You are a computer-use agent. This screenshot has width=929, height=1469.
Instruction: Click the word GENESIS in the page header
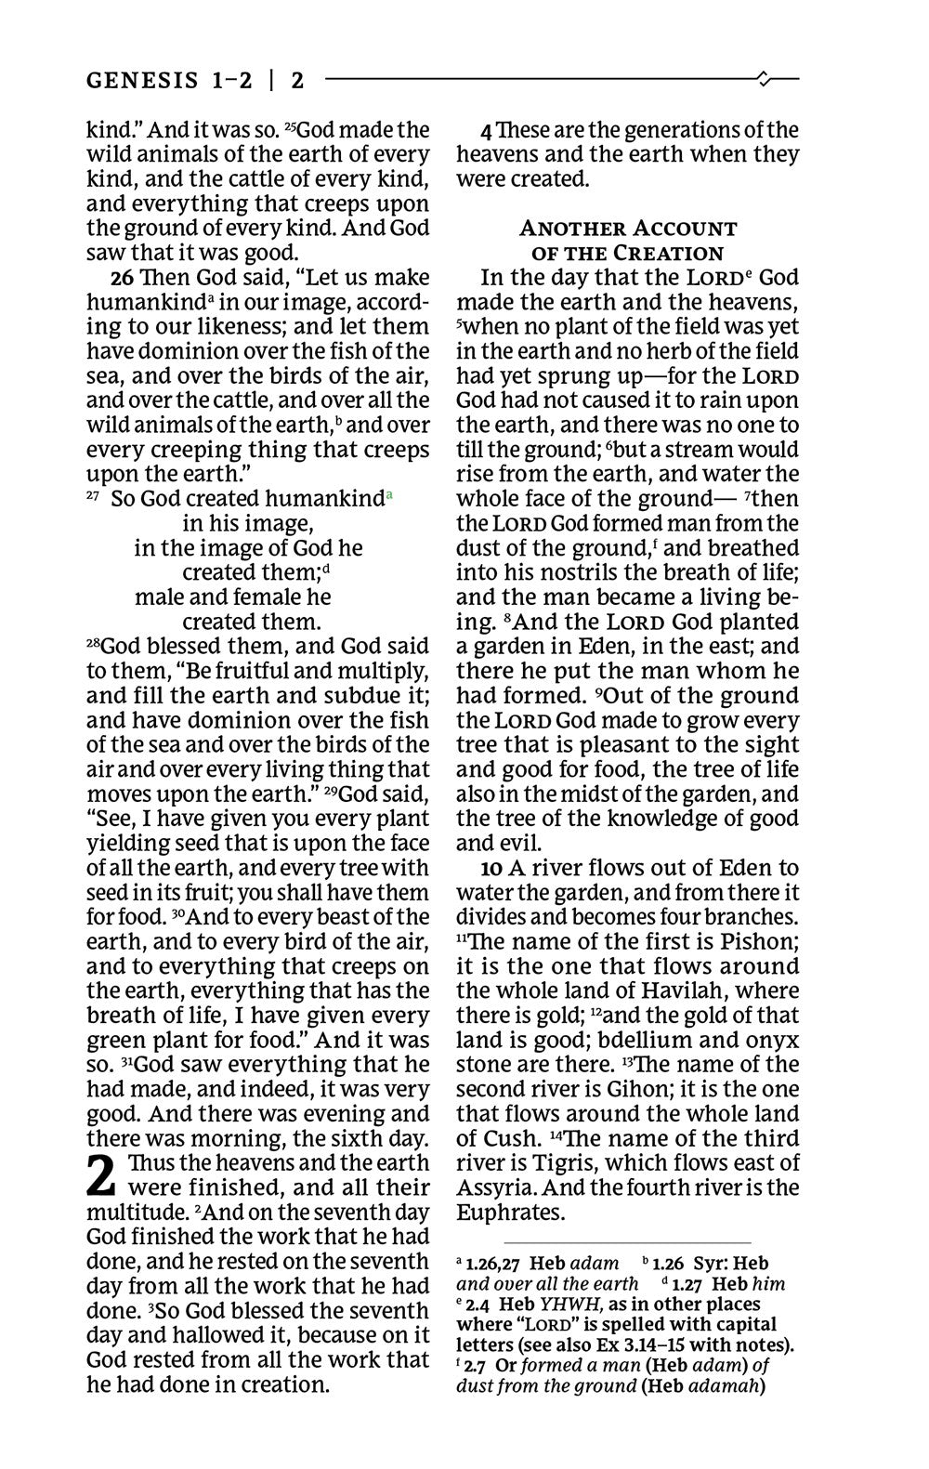[x=140, y=80]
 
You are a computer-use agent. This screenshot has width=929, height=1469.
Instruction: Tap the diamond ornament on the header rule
[x=764, y=79]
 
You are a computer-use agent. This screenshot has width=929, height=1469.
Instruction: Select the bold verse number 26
[x=122, y=277]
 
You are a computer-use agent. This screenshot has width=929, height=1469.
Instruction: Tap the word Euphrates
[x=510, y=1213]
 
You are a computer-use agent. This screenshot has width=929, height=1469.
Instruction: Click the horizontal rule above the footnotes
[x=626, y=1242]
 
